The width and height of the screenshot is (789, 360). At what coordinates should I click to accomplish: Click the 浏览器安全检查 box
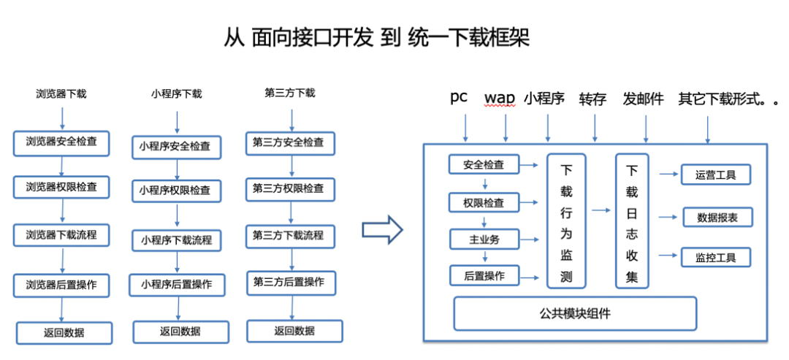point(61,142)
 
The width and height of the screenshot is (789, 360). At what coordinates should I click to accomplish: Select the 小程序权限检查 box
point(175,191)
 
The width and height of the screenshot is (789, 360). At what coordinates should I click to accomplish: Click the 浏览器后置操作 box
point(61,284)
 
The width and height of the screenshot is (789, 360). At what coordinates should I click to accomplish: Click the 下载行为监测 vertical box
point(566,221)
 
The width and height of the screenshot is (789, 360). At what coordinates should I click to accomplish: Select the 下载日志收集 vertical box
point(632,221)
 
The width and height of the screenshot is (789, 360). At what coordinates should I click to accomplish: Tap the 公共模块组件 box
point(575,314)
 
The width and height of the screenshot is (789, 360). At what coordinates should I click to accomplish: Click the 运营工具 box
point(715,175)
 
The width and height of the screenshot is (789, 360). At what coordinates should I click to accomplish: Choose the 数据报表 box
point(717,217)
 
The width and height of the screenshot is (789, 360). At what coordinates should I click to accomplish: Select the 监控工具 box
point(715,257)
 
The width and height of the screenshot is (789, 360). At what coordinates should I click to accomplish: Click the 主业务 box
point(484,239)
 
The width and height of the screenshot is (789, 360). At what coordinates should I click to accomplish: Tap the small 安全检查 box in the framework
point(484,164)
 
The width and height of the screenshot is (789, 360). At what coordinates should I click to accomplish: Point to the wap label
point(500,99)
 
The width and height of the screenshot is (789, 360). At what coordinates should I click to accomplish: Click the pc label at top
point(459,98)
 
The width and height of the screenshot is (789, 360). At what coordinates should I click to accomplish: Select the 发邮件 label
point(644,99)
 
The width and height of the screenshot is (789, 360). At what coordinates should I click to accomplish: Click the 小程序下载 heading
point(177,93)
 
